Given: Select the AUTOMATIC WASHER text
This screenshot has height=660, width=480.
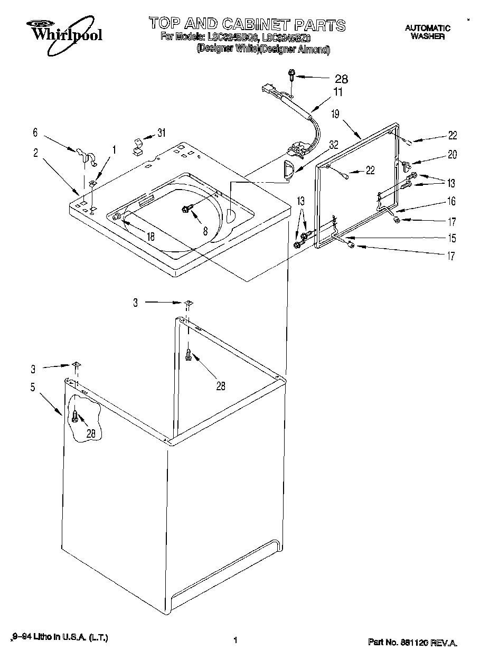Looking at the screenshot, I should (427, 32).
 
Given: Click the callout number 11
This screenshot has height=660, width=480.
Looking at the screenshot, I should (338, 92).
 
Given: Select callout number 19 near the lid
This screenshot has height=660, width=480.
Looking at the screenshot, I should (335, 113).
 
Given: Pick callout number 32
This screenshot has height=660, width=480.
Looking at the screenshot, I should (334, 144).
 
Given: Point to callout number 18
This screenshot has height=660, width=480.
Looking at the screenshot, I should (151, 237).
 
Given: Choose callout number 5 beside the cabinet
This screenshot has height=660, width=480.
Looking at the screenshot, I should (33, 388).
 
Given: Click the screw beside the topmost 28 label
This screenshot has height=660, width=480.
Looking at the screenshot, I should (291, 76).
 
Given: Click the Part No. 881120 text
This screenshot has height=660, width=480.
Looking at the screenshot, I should (412, 643).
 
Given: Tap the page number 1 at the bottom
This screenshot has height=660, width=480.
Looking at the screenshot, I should (234, 640).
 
